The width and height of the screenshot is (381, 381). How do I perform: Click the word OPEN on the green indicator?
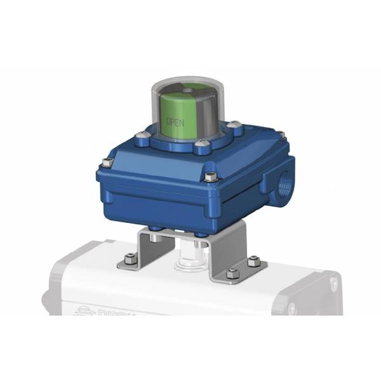[x=175, y=121]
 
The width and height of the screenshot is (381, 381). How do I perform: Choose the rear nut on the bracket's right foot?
[x=253, y=260]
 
